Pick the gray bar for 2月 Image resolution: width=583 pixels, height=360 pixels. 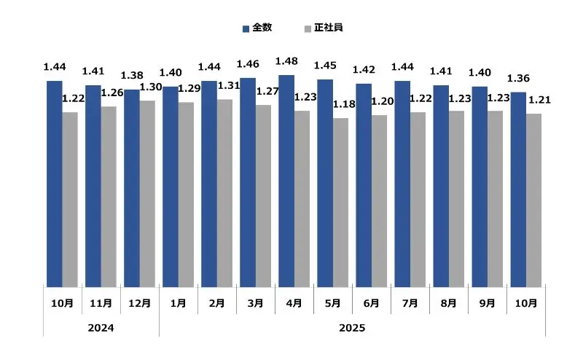(x=224, y=192)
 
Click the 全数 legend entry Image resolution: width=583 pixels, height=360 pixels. (x=257, y=28)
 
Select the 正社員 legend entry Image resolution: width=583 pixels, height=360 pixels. (x=323, y=28)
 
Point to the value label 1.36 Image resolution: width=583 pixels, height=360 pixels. (x=518, y=79)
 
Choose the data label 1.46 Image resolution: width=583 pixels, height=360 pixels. (x=249, y=64)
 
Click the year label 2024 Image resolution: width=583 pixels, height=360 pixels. (x=101, y=329)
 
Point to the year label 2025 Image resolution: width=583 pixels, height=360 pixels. (x=352, y=329)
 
